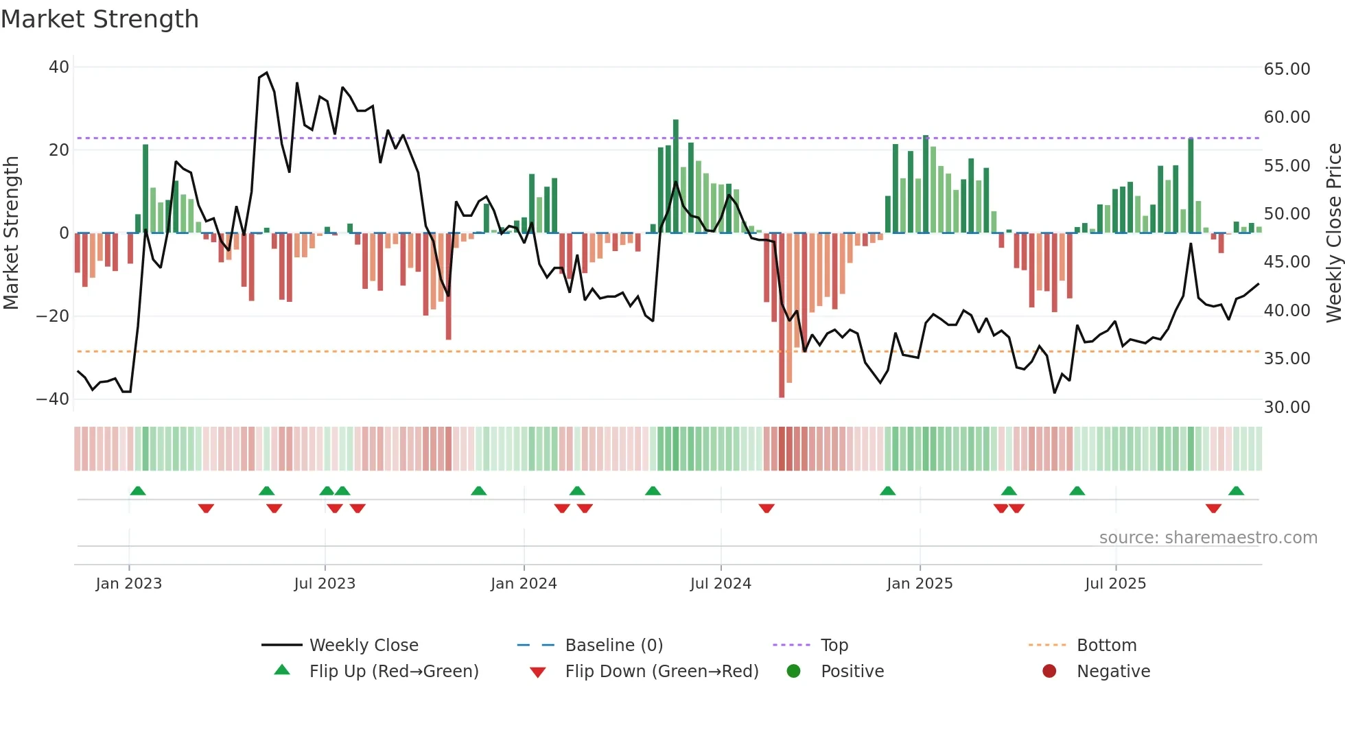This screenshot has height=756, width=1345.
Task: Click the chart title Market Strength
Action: [x=100, y=19]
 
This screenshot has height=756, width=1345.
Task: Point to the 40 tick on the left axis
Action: [x=59, y=67]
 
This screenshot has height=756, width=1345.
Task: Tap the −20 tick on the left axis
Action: [x=53, y=316]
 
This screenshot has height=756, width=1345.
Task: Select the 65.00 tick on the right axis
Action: [x=1287, y=69]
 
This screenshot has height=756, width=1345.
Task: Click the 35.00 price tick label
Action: [x=1287, y=359]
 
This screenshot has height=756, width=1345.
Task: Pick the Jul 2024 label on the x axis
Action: [x=721, y=584]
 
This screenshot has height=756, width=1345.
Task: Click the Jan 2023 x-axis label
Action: [x=129, y=584]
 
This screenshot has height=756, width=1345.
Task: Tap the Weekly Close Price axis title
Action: [x=1333, y=233]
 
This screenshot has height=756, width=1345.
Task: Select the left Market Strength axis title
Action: [x=12, y=233]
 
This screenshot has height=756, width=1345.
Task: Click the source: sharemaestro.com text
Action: [x=1208, y=538]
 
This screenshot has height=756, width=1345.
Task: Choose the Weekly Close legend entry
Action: [x=364, y=646]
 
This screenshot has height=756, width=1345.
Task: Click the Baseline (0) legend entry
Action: [x=613, y=646]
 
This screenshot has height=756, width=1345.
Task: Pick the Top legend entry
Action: [x=834, y=646]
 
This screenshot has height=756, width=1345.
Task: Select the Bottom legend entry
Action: [x=1106, y=646]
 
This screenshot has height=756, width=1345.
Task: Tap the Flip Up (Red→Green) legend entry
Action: [x=393, y=672]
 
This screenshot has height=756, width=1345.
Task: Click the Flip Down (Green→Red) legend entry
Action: [x=662, y=672]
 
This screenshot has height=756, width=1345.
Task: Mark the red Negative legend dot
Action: [x=1049, y=672]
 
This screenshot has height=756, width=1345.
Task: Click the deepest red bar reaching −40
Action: [x=782, y=316]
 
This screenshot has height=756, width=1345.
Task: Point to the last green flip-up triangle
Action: [x=1236, y=491]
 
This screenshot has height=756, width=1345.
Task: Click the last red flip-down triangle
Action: [x=1213, y=508]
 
